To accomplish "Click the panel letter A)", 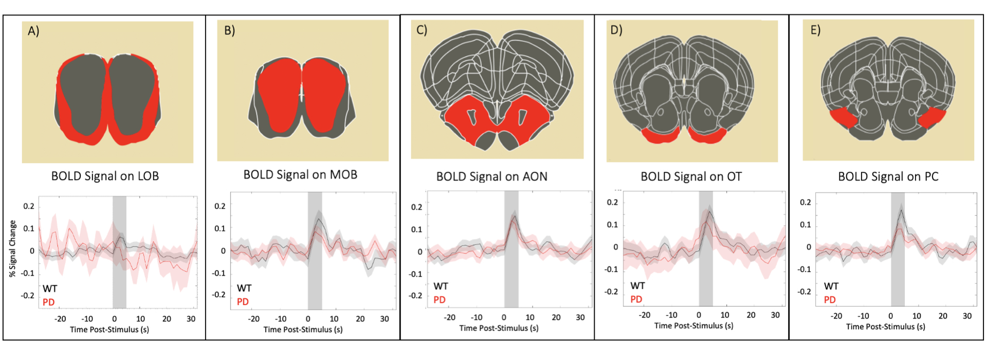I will tap(33, 31).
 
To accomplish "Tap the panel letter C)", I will tap(422, 30).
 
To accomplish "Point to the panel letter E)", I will tap(815, 30).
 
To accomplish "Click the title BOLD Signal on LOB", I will tap(105, 176).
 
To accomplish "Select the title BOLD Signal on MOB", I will tap(300, 175).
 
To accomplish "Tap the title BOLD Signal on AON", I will tap(491, 177).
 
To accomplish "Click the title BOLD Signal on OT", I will tap(691, 177).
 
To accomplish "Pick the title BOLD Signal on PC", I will tap(888, 177).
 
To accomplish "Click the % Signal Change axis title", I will tap(13, 249).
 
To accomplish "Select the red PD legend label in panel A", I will tap(48, 302).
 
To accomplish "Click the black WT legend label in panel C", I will tap(441, 286).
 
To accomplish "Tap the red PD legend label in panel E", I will tap(830, 300).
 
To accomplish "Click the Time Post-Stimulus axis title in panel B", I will tap(303, 330).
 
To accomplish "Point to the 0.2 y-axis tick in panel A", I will tap(29, 206).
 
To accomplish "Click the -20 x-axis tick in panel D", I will tap(645, 315).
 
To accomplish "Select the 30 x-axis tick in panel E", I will tap(967, 316).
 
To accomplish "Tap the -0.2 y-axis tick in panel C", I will tap(415, 296).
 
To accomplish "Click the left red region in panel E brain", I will tap(843, 118).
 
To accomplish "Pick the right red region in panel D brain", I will tap(707, 135).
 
